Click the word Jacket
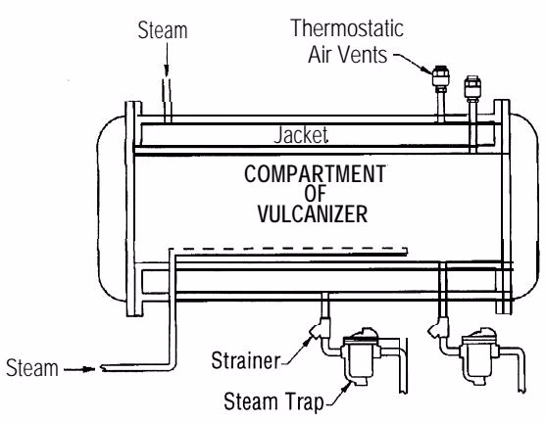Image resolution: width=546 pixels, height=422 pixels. [301, 135]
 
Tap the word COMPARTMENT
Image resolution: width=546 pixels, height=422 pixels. [315, 174]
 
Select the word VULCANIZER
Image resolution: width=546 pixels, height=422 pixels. [313, 214]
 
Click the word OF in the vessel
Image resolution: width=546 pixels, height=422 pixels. [315, 194]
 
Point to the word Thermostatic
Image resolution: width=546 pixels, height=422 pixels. [347, 27]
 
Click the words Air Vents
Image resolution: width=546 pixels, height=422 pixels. [348, 55]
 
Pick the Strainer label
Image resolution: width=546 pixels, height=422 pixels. [246, 360]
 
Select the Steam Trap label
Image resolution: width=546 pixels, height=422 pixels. [273, 401]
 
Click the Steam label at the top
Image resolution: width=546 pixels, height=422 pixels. [163, 30]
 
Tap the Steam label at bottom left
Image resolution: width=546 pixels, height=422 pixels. [32, 368]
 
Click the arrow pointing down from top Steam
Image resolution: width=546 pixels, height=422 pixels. [167, 59]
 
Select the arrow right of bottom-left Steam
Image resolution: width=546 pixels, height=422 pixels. [79, 369]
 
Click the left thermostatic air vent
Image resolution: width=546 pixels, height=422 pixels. [440, 78]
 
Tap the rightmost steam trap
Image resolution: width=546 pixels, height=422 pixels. [479, 355]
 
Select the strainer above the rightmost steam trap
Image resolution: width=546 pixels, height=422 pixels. [438, 327]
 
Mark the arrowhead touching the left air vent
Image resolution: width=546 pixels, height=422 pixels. [427, 69]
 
